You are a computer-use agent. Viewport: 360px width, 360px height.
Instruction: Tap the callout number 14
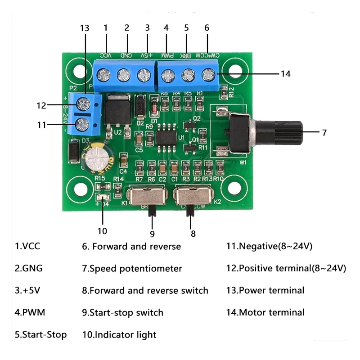point(285,74)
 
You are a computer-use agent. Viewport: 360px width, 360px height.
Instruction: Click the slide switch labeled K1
point(145,196)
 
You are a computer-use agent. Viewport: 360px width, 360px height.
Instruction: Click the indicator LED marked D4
point(103,197)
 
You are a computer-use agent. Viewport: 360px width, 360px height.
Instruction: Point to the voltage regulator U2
point(117,110)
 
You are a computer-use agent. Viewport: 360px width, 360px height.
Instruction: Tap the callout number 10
point(103,231)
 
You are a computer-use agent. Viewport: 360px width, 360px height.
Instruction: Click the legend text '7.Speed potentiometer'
point(132,269)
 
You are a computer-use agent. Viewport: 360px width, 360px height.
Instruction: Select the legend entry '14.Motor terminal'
point(265,312)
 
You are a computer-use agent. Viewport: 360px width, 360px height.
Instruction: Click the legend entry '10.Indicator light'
point(119,334)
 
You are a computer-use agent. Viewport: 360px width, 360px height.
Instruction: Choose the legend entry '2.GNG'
point(29,269)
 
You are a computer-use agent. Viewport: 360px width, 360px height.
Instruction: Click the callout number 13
point(85,27)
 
